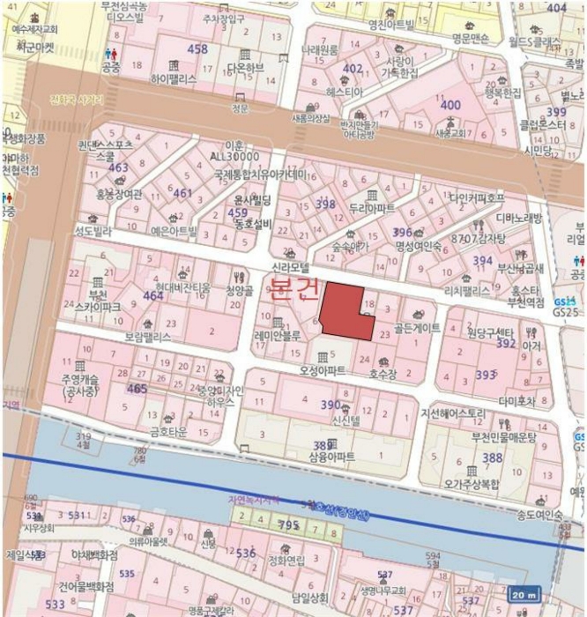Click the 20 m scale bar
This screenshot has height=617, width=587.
pos(526,596)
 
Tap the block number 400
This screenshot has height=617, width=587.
pos(450,105)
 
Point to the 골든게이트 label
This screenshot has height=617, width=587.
pos(417,327)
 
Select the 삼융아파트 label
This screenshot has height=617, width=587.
pos(331,457)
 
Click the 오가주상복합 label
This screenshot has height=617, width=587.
pos(472,484)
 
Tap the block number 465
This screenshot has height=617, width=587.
pos(137,388)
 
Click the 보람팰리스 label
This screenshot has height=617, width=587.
pos(148,336)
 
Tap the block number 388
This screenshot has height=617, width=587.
pos(492,457)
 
